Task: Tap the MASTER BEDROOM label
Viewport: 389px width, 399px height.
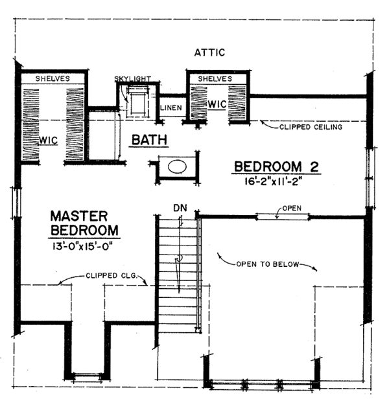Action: click(84, 223)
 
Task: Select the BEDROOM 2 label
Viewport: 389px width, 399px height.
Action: click(277, 167)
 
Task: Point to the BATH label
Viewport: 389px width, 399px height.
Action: click(150, 139)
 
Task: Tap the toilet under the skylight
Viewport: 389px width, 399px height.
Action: click(137, 101)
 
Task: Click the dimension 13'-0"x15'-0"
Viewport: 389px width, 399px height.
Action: click(84, 246)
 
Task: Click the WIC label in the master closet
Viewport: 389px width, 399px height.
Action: click(49, 140)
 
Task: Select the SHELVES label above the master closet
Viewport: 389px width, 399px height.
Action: click(53, 78)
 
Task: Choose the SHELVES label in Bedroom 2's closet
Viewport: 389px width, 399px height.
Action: click(215, 78)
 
